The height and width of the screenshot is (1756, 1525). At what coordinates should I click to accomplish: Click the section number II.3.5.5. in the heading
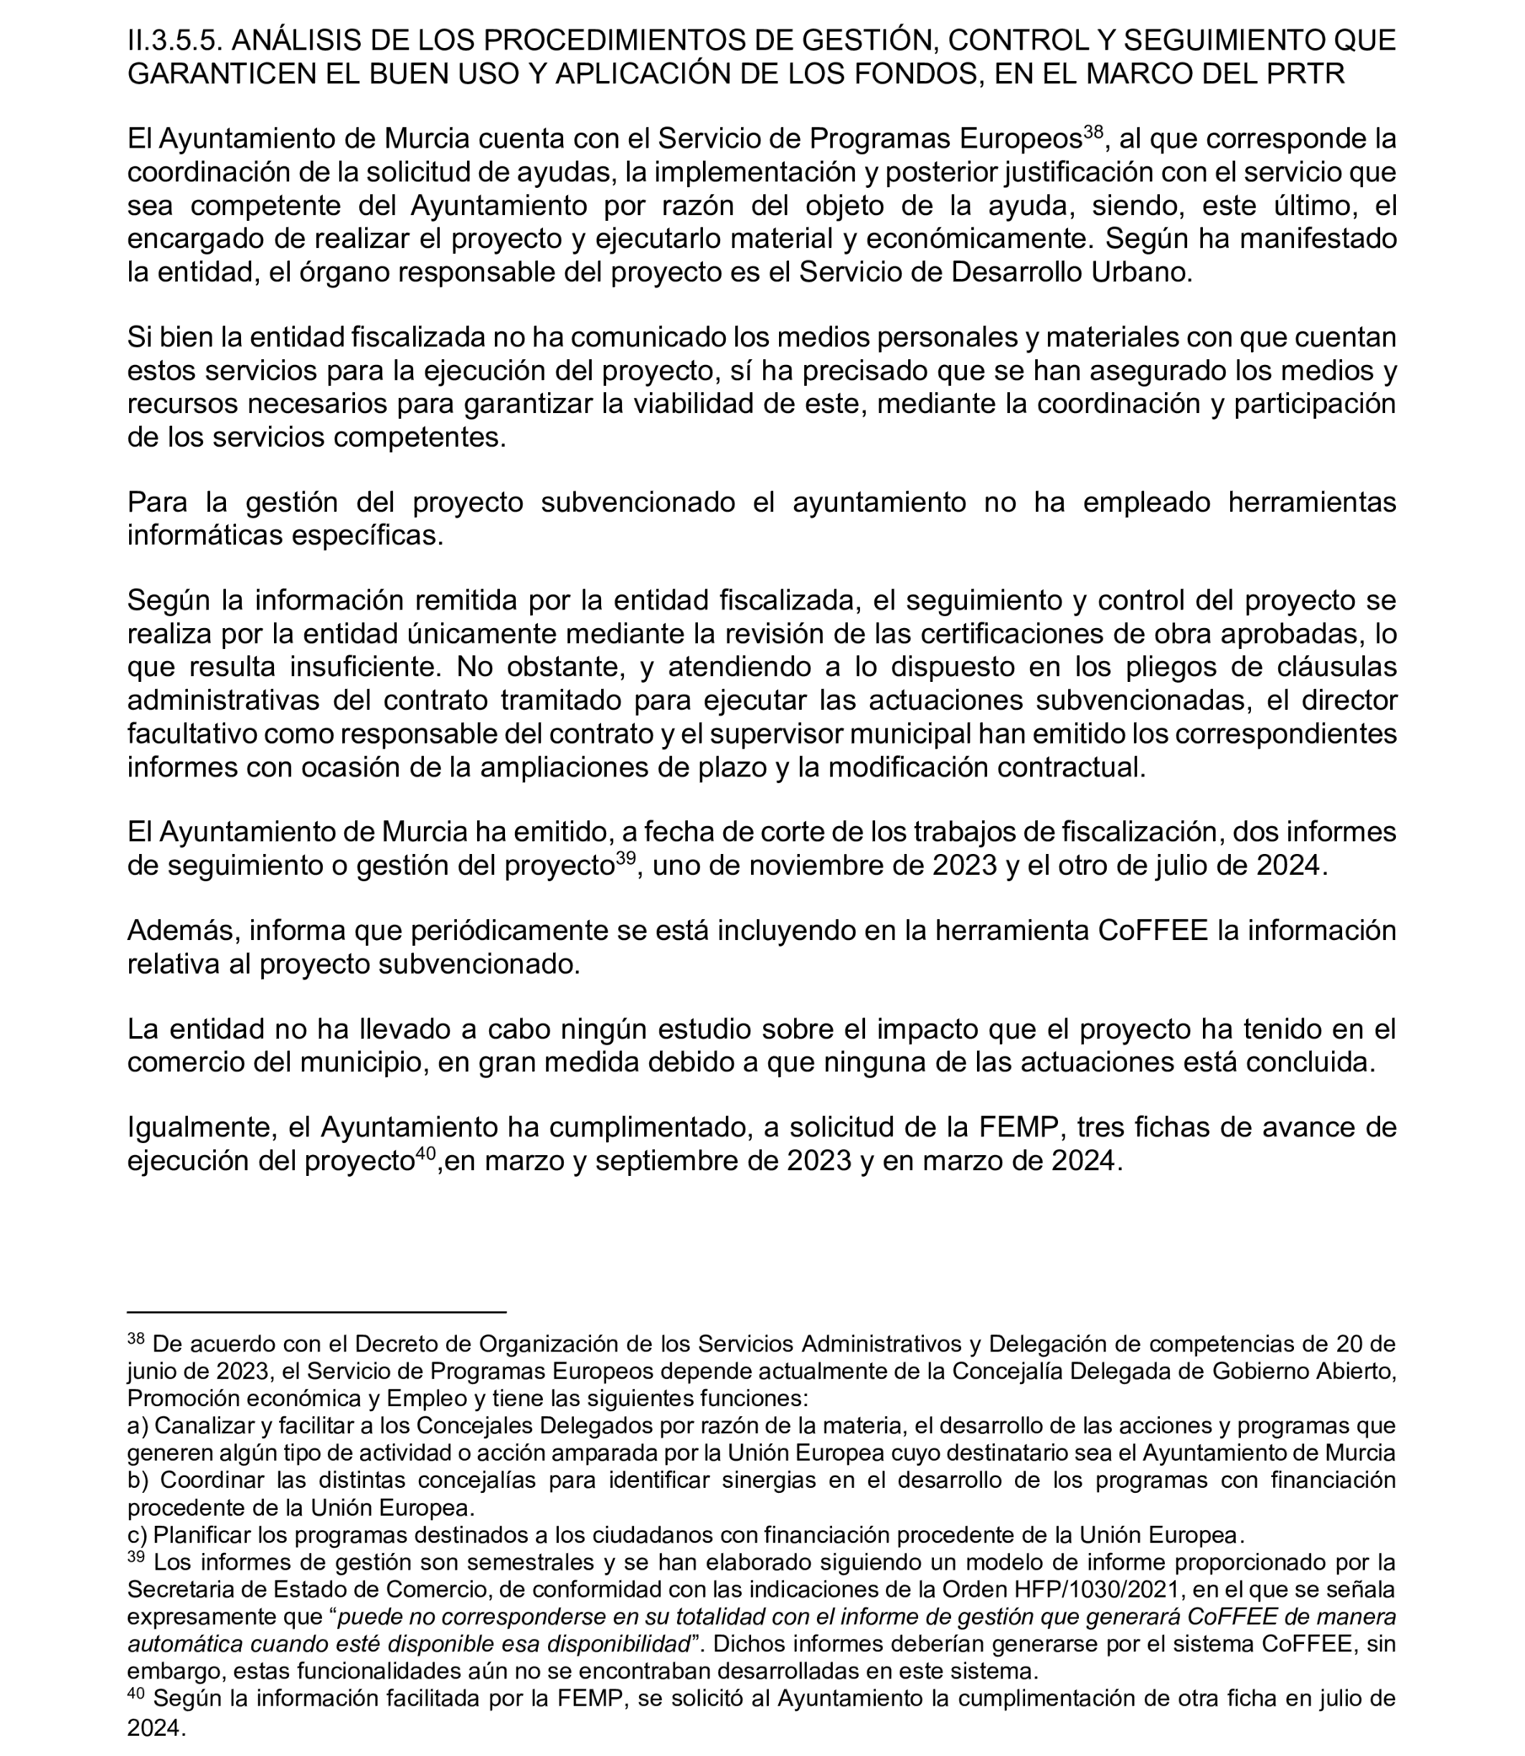coord(174,40)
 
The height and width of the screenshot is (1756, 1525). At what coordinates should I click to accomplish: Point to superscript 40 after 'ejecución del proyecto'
coord(425,1154)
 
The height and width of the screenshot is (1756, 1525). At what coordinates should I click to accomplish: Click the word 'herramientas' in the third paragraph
coord(1311,502)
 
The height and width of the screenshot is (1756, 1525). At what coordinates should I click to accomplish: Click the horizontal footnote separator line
coord(316,1313)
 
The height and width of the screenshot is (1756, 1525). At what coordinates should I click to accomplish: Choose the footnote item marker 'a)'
coord(137,1424)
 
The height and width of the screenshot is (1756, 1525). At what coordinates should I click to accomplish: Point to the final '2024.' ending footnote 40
coord(156,1728)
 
